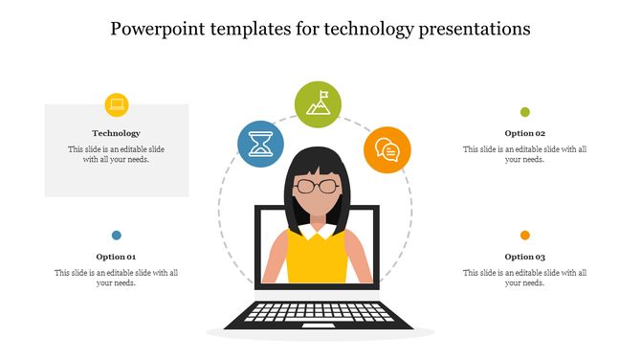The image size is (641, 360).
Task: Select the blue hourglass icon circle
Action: (x=259, y=144)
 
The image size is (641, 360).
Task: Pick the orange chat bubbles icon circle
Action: (x=387, y=149)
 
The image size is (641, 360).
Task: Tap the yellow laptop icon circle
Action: (x=116, y=104)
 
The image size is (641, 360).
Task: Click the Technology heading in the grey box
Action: (x=116, y=133)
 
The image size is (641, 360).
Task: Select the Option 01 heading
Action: (x=116, y=257)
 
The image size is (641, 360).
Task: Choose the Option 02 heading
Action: (x=524, y=133)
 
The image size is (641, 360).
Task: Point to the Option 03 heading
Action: (x=524, y=257)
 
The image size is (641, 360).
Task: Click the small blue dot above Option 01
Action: (x=116, y=235)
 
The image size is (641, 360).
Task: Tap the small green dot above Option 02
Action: (x=524, y=112)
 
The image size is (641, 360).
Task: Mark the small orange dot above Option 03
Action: (x=524, y=235)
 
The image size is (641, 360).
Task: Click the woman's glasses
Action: (x=317, y=186)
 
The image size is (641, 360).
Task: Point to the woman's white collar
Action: (x=317, y=231)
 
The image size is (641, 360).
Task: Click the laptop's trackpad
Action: (x=319, y=326)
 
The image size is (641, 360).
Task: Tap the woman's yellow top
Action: (x=317, y=259)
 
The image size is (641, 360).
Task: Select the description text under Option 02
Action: (x=524, y=154)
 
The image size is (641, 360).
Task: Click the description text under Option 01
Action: (x=116, y=278)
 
